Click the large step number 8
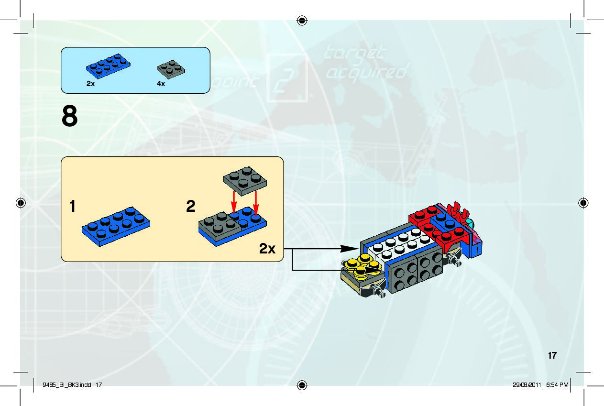point(70,117)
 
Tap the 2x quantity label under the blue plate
point(90,83)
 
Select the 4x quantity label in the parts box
point(161,84)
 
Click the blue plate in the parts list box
point(108,65)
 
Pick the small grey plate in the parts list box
point(171,69)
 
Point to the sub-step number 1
point(72,207)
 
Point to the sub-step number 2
point(191,207)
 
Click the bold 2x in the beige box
point(267,249)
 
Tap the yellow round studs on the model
point(359,263)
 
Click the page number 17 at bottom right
point(552,355)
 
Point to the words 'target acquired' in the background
point(366,62)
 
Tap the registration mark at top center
point(302,20)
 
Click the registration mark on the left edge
point(21,203)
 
